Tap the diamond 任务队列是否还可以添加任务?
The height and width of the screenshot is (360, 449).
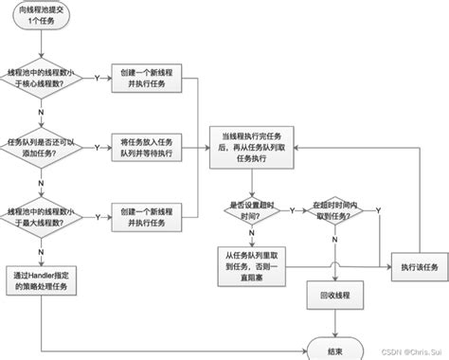click(44, 147)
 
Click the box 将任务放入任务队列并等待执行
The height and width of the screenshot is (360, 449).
click(145, 147)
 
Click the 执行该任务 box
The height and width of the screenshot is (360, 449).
click(419, 267)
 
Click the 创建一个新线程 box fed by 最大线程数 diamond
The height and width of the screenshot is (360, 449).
click(145, 215)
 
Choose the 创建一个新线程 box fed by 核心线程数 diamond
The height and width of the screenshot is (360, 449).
click(145, 78)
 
